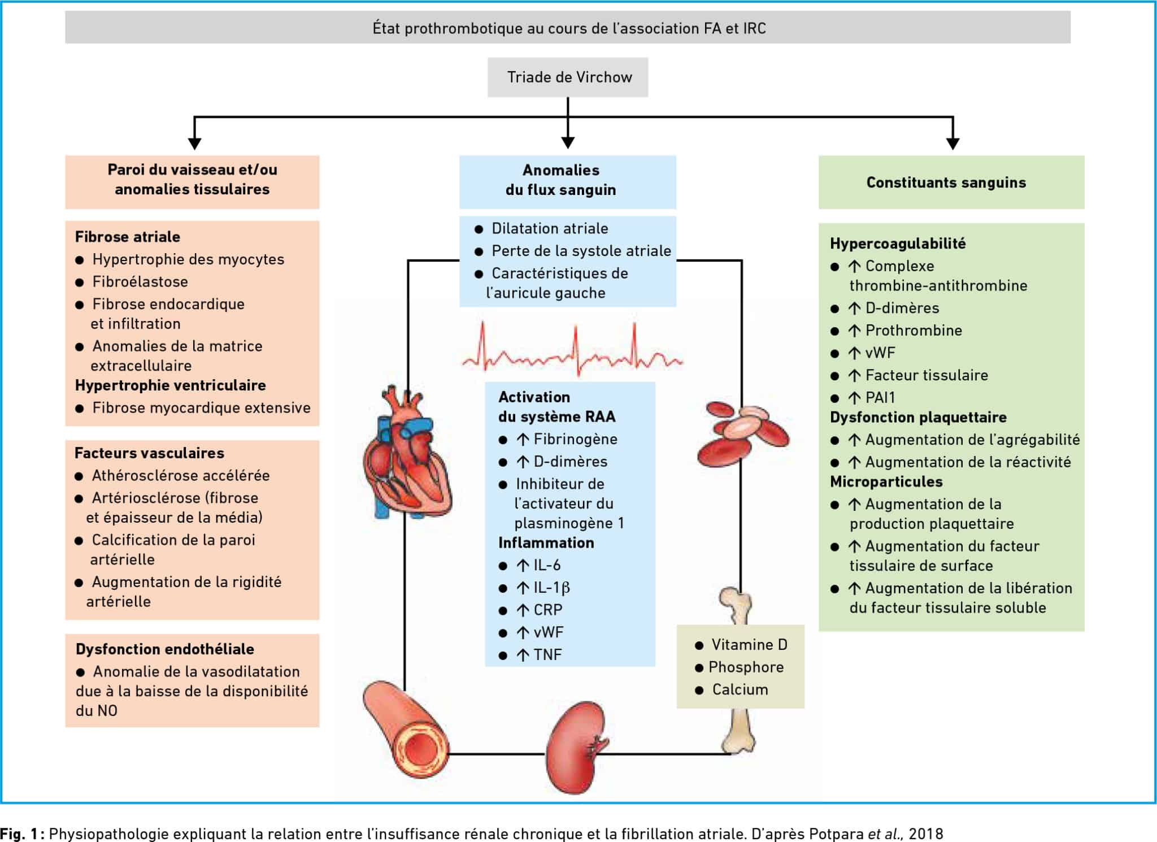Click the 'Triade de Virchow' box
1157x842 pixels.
(568, 77)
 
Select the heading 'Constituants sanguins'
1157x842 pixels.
(946, 183)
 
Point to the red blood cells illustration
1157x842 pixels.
(742, 433)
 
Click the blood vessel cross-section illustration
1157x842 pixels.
(406, 729)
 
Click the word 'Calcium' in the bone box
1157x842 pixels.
(740, 689)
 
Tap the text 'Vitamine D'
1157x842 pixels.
(749, 644)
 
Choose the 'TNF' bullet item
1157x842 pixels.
(539, 655)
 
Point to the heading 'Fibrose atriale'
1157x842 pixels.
(128, 237)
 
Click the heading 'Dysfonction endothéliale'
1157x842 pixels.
(165, 649)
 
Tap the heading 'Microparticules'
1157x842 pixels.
(886, 482)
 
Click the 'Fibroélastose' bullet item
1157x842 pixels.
(140, 281)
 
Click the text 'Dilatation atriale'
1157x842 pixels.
(550, 228)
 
